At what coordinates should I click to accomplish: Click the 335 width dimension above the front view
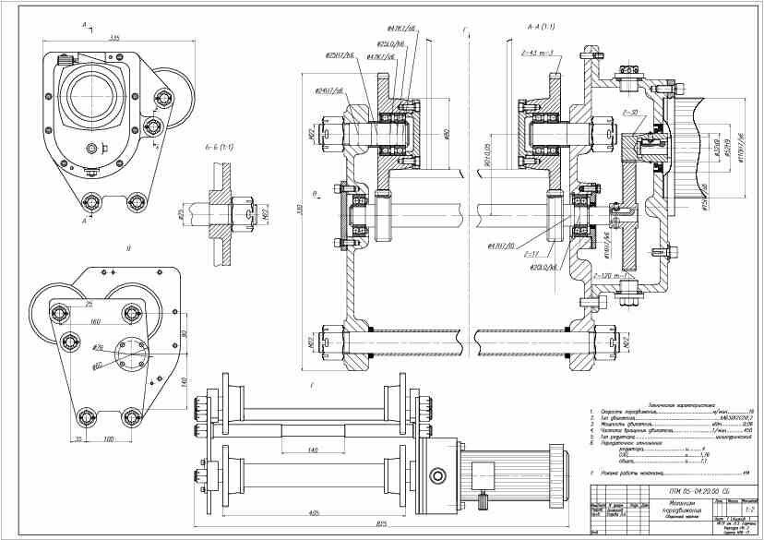point(114,38)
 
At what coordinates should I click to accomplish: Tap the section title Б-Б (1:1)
point(220,147)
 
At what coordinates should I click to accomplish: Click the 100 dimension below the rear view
point(109,438)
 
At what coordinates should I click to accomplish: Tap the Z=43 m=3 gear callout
point(537,53)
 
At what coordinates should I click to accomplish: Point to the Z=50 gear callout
point(633,112)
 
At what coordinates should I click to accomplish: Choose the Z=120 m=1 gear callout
point(614,276)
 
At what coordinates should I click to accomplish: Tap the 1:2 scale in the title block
point(749,509)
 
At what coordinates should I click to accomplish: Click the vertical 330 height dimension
point(298,210)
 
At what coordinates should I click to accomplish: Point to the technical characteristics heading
point(663,404)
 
